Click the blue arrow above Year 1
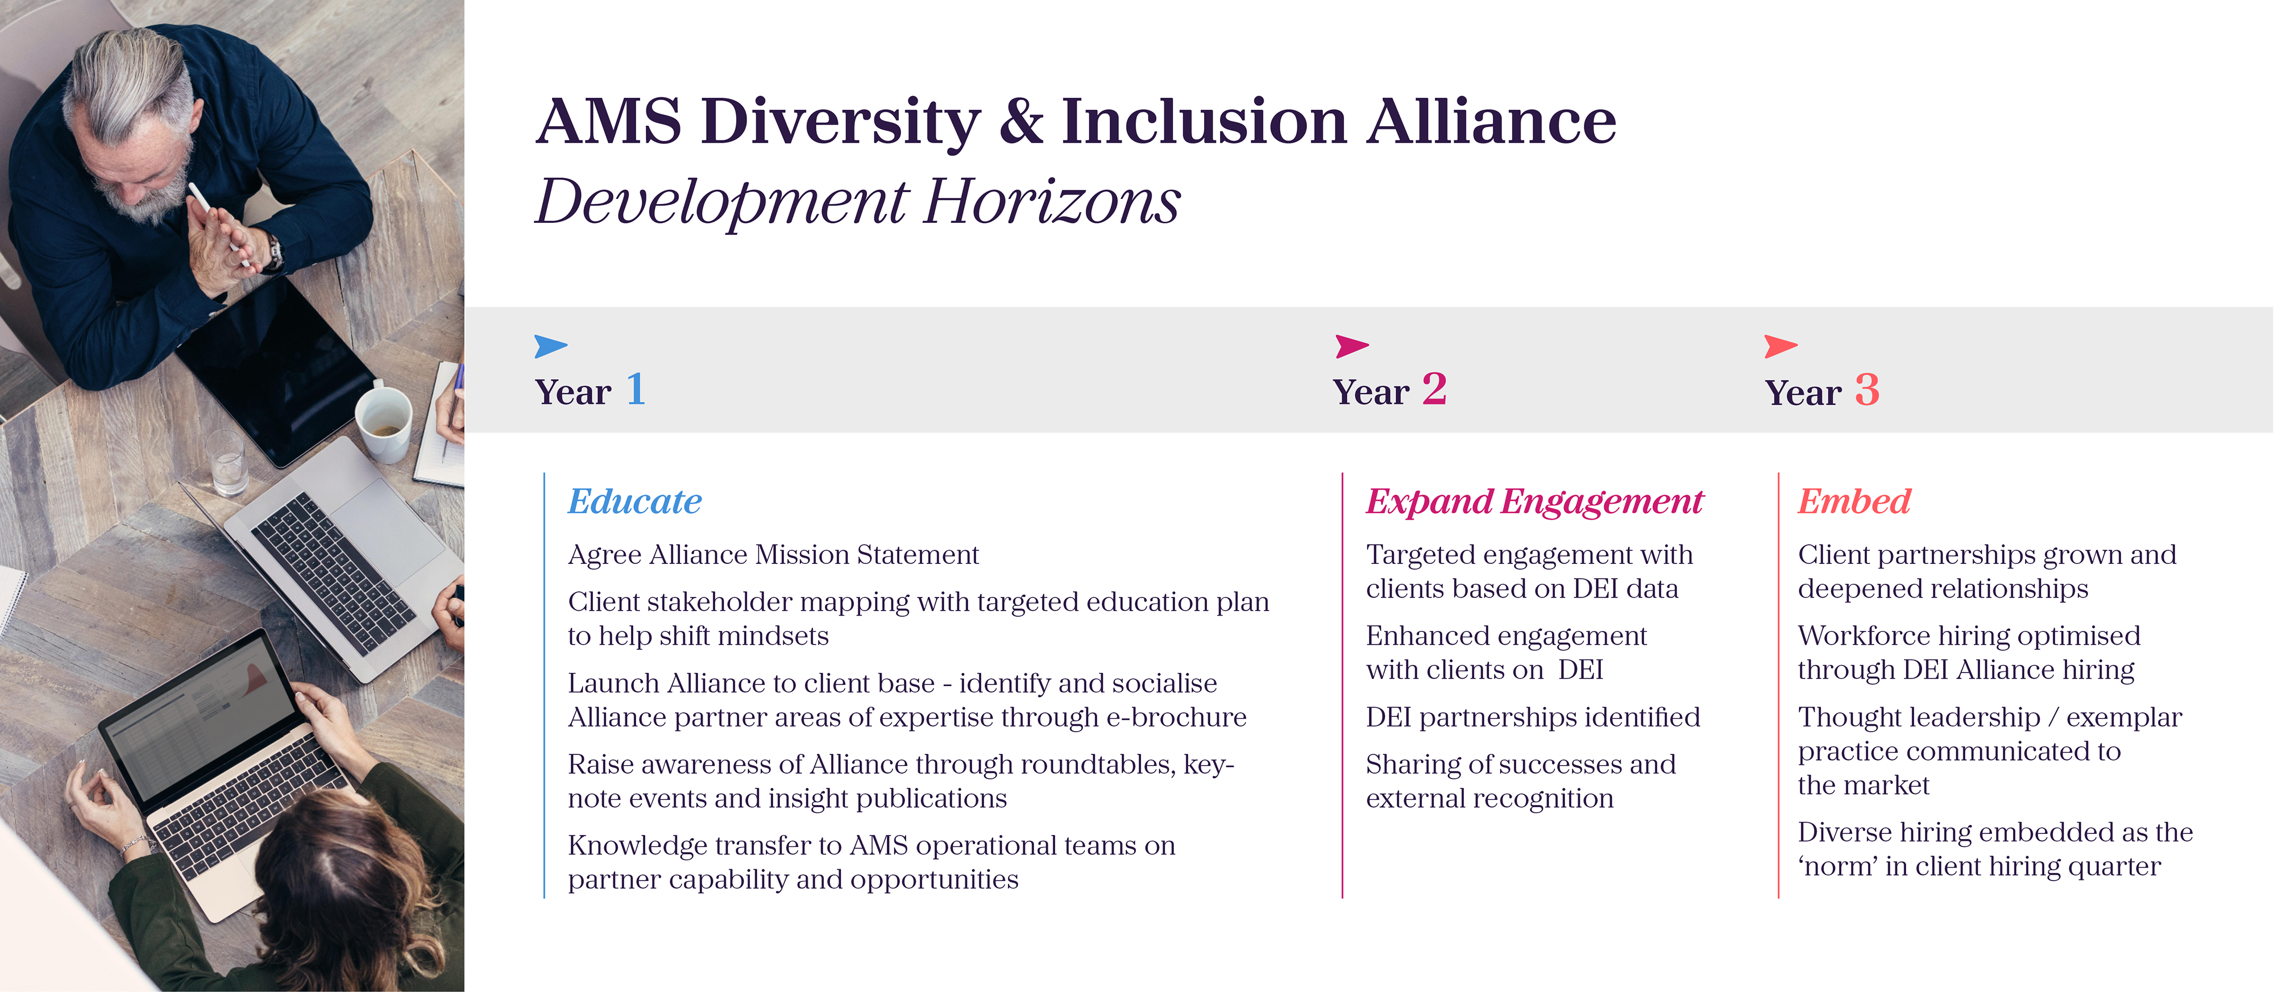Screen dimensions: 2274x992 tap(549, 346)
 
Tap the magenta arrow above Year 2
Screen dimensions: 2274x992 tap(1351, 346)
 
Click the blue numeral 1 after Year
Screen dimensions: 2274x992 tap(636, 389)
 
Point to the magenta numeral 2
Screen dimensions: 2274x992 tap(1434, 389)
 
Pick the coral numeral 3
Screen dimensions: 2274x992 tap(1867, 389)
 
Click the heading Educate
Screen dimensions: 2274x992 tap(634, 501)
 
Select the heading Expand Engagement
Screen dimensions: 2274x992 tap(1534, 501)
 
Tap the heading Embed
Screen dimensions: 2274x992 tap(1854, 501)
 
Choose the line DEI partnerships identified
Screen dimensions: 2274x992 tap(1533, 717)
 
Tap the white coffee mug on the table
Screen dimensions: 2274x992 tap(383, 422)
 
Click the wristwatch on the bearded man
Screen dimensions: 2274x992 tap(275, 254)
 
